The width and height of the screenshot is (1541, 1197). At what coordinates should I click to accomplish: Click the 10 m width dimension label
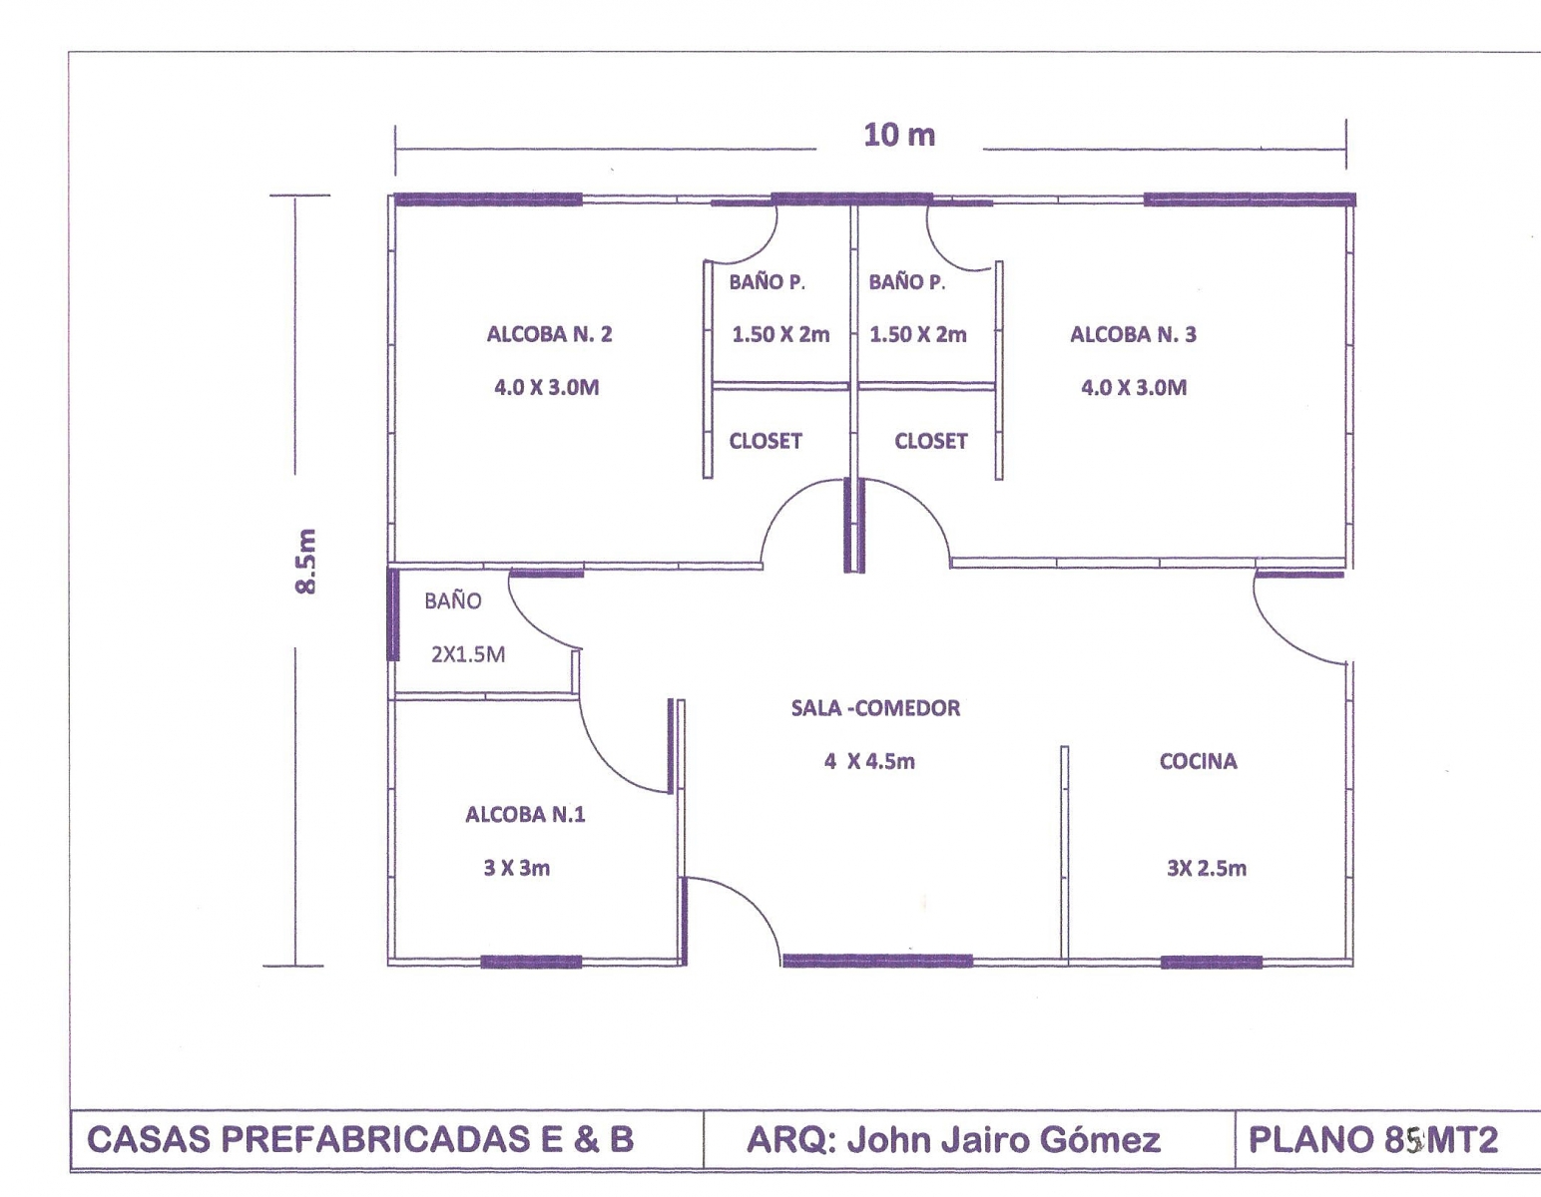(899, 135)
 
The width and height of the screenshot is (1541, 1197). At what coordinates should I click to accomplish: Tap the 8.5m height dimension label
(305, 562)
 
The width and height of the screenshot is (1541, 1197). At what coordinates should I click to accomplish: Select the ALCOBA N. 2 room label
(549, 334)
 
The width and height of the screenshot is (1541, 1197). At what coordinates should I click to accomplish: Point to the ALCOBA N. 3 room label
(1133, 334)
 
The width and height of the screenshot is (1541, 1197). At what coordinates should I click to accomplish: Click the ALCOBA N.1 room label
(526, 814)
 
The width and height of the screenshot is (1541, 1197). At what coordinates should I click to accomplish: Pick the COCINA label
(1198, 761)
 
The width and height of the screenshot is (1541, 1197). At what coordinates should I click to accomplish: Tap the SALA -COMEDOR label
(876, 708)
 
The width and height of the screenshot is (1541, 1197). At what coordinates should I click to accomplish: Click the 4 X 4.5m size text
(869, 761)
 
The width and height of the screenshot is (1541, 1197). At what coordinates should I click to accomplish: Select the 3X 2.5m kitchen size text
(1207, 868)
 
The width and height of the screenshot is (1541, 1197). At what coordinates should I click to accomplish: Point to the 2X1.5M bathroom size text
(468, 654)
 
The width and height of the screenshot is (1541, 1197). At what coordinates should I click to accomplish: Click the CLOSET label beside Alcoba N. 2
(766, 441)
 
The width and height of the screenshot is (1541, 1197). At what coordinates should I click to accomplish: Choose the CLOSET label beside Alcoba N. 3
(931, 441)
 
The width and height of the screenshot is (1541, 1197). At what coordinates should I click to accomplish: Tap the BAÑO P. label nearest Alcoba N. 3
(907, 282)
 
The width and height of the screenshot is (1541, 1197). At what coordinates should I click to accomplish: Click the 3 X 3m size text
(516, 868)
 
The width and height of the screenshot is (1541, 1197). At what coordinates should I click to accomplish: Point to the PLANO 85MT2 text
(1373, 1139)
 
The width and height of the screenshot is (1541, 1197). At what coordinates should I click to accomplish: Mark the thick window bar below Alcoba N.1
(531, 962)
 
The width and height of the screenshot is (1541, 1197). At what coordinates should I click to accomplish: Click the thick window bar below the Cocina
(1212, 963)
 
